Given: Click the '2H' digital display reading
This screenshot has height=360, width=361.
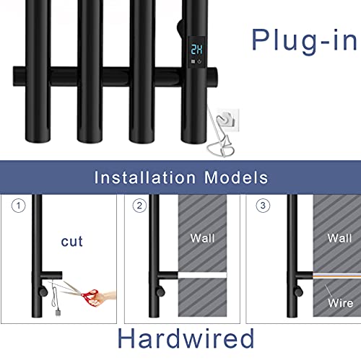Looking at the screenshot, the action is coord(196,49).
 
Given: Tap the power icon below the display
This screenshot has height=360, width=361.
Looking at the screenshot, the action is coord(199,62).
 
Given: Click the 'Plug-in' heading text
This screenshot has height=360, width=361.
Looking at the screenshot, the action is coord(304,40).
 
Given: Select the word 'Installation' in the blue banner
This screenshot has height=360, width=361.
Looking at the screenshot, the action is coord(145,177).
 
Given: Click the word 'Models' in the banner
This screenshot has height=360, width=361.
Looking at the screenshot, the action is coord(236,177).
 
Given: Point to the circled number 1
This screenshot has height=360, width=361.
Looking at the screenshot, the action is coord(19,206).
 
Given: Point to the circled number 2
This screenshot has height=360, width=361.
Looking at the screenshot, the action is coord(139,206).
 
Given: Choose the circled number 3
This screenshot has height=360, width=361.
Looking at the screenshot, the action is coord(263,206).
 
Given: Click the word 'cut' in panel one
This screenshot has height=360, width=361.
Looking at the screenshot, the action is coord(71,242).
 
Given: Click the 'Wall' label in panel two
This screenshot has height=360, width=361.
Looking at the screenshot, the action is coord(202,238).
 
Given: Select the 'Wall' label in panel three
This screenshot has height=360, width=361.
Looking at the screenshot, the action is coord(339,238).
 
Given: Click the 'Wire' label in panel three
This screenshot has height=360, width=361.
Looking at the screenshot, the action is coord(341,303).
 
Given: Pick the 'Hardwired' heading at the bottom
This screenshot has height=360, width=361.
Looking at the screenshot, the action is coord(186,338).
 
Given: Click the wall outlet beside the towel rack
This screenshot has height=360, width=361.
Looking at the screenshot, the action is coord(228,120).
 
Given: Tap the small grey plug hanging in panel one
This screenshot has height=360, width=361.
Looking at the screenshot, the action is coord(58,312).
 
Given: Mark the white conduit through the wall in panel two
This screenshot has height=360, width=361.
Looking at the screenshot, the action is coord(202,275).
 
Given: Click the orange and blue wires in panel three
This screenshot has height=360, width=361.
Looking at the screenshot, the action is coord(337,276).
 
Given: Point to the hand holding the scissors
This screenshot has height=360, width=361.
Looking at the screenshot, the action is coord(103,297).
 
